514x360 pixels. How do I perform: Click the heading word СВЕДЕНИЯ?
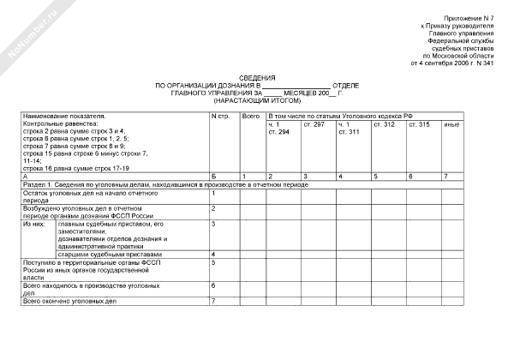258,77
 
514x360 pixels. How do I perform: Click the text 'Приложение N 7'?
469,18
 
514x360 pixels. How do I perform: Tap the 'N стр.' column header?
220,115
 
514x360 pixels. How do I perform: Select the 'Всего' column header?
251,115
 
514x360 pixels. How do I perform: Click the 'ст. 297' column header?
314,125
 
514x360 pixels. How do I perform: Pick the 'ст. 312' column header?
384,125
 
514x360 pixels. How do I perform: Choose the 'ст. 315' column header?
419,125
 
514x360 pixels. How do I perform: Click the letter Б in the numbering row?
213,176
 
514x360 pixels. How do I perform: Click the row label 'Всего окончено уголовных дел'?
68,301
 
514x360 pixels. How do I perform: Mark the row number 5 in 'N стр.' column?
213,263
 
